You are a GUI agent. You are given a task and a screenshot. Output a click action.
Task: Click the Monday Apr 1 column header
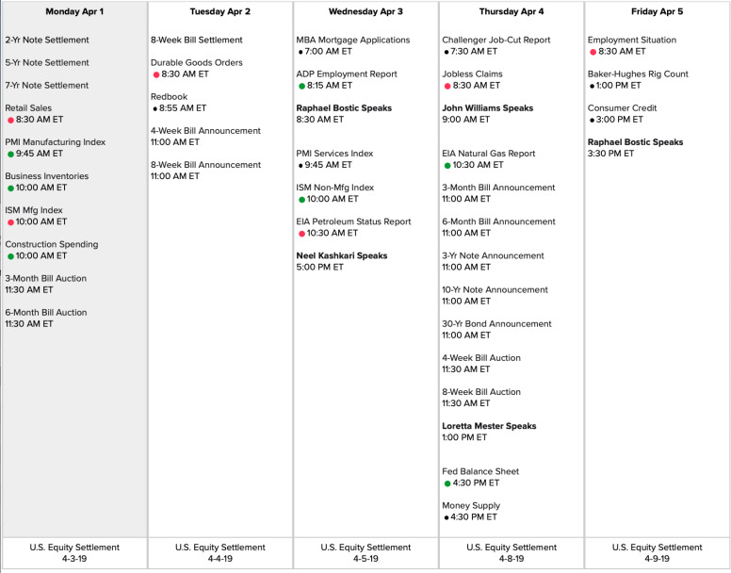point(74,12)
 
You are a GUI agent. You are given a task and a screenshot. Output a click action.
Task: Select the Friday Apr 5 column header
point(657,12)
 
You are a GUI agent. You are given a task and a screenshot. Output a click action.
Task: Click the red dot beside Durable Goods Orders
point(156,74)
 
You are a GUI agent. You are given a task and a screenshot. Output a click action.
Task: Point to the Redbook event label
point(170,97)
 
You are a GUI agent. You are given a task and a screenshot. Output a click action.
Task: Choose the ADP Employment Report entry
point(347,74)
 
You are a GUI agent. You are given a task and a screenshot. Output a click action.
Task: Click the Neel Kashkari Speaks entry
point(342,255)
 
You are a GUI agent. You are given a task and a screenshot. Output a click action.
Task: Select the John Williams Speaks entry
point(487,108)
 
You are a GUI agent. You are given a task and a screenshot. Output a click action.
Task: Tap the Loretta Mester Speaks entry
point(489,426)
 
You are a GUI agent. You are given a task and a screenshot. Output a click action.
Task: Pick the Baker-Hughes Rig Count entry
point(638,74)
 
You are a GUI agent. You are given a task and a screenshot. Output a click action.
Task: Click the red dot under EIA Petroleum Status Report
point(301,233)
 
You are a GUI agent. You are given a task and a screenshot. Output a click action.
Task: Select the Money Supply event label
point(471,505)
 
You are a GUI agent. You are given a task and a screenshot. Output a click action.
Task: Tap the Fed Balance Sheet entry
point(480,471)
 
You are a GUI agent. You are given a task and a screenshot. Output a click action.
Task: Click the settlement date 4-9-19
point(657,559)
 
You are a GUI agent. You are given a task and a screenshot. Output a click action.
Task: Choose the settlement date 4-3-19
point(74,559)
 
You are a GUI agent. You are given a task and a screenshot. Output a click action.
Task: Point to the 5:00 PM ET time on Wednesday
point(320,267)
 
